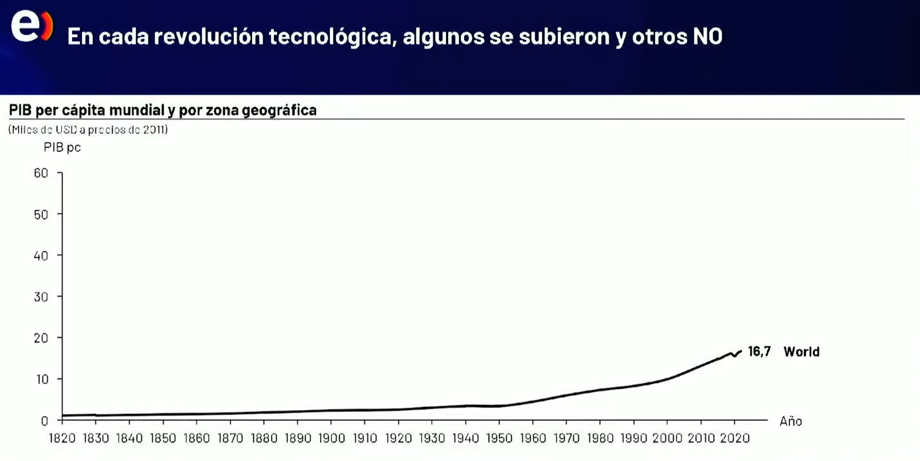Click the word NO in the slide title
pyautogui.click(x=707, y=37)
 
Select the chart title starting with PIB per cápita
pyautogui.click(x=162, y=110)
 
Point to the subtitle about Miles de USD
pyautogui.click(x=88, y=130)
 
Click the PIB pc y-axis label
pyautogui.click(x=62, y=148)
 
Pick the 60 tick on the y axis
pyautogui.click(x=41, y=173)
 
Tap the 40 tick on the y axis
pyautogui.click(x=41, y=255)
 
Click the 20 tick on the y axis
pyautogui.click(x=41, y=338)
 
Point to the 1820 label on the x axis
pyautogui.click(x=62, y=438)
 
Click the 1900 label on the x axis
pyautogui.click(x=331, y=438)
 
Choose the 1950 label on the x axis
pyautogui.click(x=499, y=438)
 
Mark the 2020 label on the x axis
pyautogui.click(x=734, y=438)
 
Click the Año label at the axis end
pyautogui.click(x=790, y=421)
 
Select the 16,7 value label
pyautogui.click(x=759, y=351)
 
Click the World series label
pyautogui.click(x=801, y=351)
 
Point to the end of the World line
pyautogui.click(x=741, y=351)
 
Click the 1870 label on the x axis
pyautogui.click(x=230, y=438)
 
